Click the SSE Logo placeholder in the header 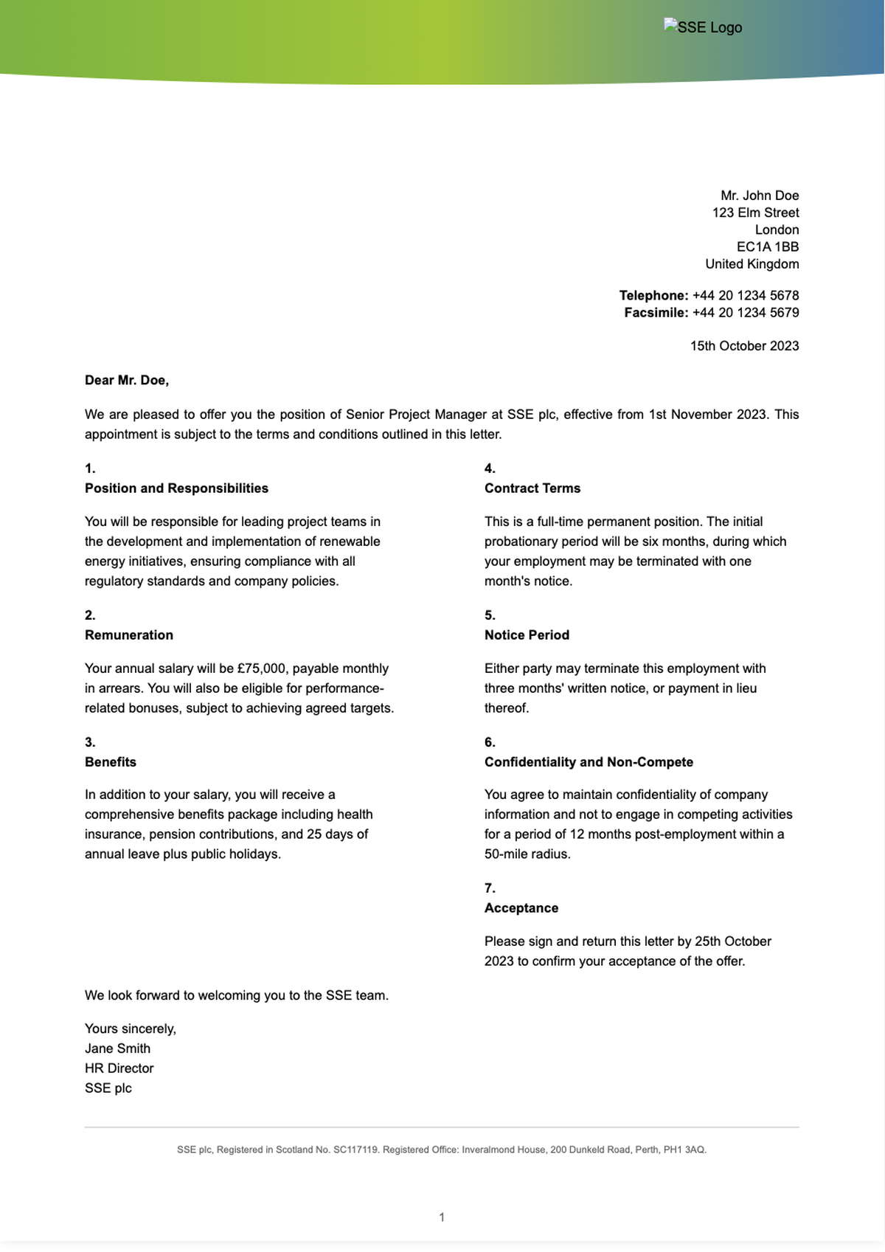[x=703, y=27]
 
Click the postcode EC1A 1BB [x=767, y=246]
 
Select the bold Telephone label [x=653, y=295]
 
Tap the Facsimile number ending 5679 [x=745, y=312]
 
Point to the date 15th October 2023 [x=744, y=345]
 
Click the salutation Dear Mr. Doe [x=127, y=380]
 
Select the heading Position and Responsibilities [x=176, y=488]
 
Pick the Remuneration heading [x=129, y=634]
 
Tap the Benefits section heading [x=111, y=761]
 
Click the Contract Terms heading [x=532, y=488]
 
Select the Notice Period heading [x=527, y=634]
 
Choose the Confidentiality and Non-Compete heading [x=589, y=761]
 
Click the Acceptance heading [x=521, y=907]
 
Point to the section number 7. [x=490, y=888]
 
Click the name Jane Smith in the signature [x=117, y=1048]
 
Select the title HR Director [x=119, y=1068]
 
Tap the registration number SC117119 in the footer [x=356, y=1149]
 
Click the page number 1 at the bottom [x=442, y=1217]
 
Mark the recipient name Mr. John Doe [x=760, y=195]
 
